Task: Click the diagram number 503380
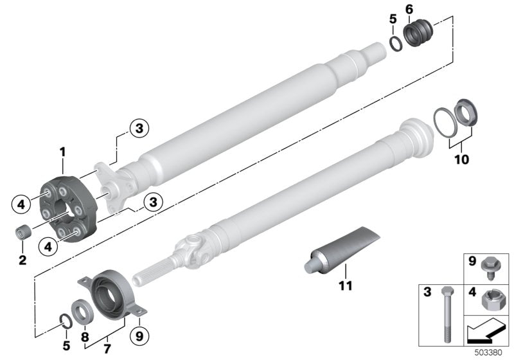point(492,353)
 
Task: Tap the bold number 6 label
point(409,8)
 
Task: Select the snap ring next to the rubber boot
point(397,44)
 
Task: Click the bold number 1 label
point(63,152)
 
